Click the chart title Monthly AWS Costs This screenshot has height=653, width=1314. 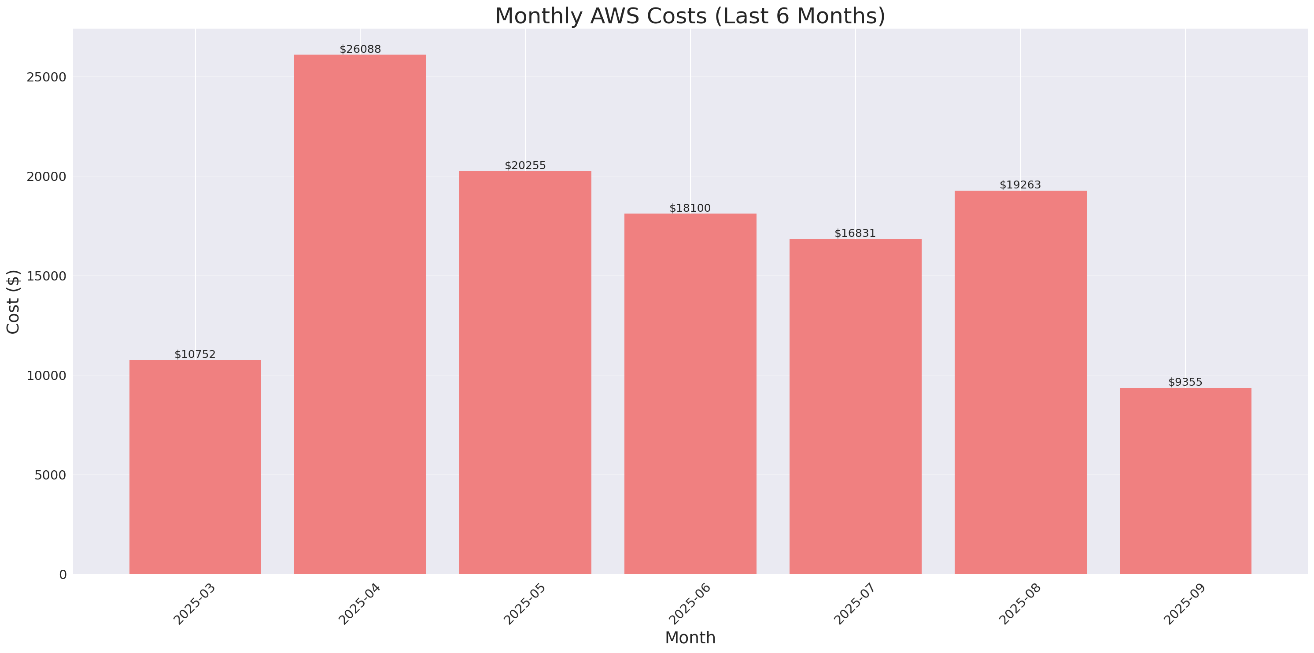pyautogui.click(x=690, y=16)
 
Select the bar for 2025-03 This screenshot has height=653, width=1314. pyautogui.click(x=195, y=467)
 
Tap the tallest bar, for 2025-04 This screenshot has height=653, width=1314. pyautogui.click(x=360, y=314)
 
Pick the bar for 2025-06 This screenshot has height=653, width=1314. pyautogui.click(x=690, y=393)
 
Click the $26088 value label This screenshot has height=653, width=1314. pyautogui.click(x=360, y=49)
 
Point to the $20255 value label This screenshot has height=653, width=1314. pyautogui.click(x=525, y=165)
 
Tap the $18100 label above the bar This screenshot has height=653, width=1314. pyautogui.click(x=690, y=208)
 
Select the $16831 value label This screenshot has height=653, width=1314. pyautogui.click(x=855, y=233)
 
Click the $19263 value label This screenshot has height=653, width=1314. pyautogui.click(x=1020, y=184)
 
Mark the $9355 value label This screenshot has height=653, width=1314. pyautogui.click(x=1185, y=382)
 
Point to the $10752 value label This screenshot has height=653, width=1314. pyautogui.click(x=195, y=354)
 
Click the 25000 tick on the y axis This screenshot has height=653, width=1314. pyautogui.click(x=46, y=77)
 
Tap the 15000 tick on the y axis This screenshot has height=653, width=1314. pyautogui.click(x=46, y=276)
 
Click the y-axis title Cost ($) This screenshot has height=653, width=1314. pyautogui.click(x=13, y=302)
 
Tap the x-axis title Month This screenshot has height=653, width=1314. pyautogui.click(x=690, y=638)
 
